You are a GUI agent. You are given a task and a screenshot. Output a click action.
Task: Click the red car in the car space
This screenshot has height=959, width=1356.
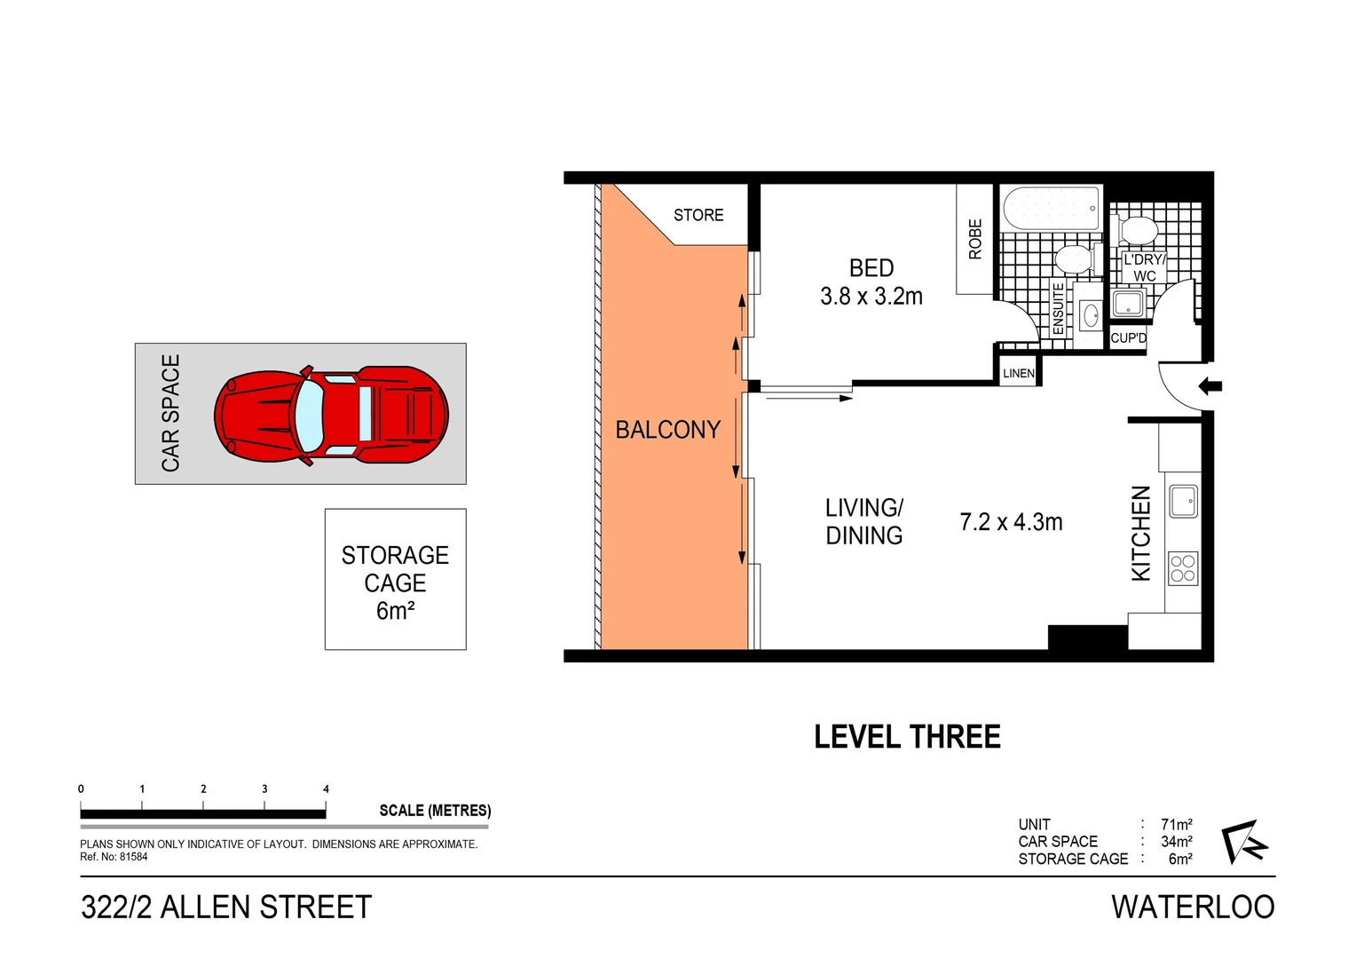tap(330, 415)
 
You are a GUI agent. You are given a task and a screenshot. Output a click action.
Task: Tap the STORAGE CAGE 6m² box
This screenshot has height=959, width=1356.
tap(395, 579)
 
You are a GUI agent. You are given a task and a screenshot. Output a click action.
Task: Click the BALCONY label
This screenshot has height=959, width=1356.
tap(667, 430)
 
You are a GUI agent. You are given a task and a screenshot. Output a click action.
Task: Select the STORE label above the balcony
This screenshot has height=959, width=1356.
tap(698, 215)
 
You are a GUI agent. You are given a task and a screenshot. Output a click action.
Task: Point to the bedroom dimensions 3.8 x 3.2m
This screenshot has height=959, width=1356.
tap(871, 297)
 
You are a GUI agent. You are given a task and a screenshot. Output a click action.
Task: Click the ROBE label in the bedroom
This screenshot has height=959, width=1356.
tap(975, 239)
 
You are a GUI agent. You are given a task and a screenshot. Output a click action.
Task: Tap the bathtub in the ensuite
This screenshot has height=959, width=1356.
tap(1052, 209)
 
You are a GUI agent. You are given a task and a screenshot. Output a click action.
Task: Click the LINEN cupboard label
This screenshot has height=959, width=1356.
tap(1018, 373)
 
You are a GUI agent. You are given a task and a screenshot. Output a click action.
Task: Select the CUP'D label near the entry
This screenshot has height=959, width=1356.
tap(1128, 338)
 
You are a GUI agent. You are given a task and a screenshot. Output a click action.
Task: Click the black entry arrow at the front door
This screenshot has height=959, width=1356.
tap(1210, 386)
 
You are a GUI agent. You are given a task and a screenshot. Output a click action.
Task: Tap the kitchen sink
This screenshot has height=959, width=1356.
tap(1183, 501)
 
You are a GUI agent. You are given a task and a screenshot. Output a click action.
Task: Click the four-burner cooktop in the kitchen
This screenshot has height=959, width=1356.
tap(1183, 568)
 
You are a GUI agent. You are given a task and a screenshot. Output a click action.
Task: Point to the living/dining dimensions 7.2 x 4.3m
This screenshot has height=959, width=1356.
tap(1011, 522)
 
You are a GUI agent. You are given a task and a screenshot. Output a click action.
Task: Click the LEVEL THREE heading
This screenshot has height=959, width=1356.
tap(907, 737)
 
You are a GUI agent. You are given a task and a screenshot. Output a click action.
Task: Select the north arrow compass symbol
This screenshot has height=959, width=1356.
tap(1243, 841)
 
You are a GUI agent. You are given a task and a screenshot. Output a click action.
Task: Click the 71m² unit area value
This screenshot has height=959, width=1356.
tap(1176, 824)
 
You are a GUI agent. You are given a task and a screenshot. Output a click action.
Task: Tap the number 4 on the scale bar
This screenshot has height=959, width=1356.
tap(326, 789)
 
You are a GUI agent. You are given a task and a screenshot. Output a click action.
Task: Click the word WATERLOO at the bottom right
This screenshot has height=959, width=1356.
tap(1192, 907)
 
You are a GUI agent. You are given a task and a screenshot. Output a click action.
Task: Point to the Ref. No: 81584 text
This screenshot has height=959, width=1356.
tap(114, 857)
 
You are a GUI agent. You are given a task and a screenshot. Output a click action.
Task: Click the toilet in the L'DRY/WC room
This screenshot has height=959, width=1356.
tap(1139, 231)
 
